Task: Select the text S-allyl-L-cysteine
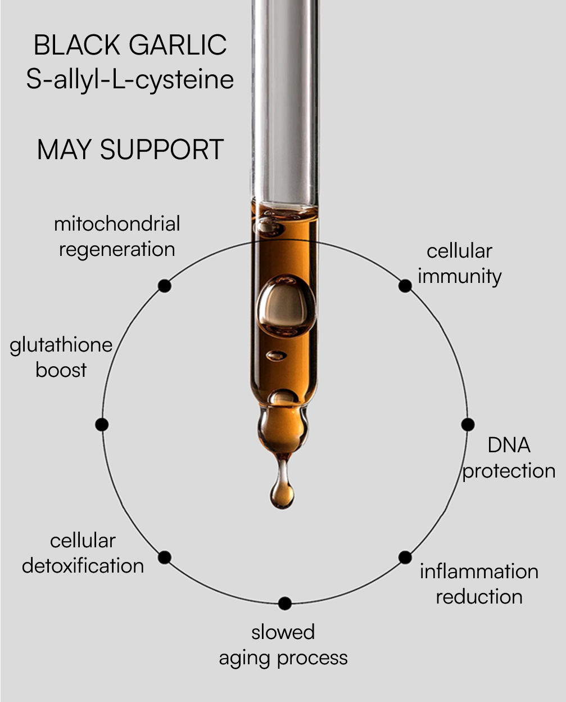[130, 79]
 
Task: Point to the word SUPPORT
[162, 150]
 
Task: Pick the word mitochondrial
[117, 224]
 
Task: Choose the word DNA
[509, 445]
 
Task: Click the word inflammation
[479, 571]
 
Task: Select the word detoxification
[83, 566]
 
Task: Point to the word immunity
[459, 277]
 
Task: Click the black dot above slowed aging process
[285, 604]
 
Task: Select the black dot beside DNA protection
[468, 425]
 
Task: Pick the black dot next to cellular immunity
[405, 286]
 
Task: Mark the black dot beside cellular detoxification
[164, 557]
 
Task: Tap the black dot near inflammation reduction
[405, 557]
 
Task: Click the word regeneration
[117, 249]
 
